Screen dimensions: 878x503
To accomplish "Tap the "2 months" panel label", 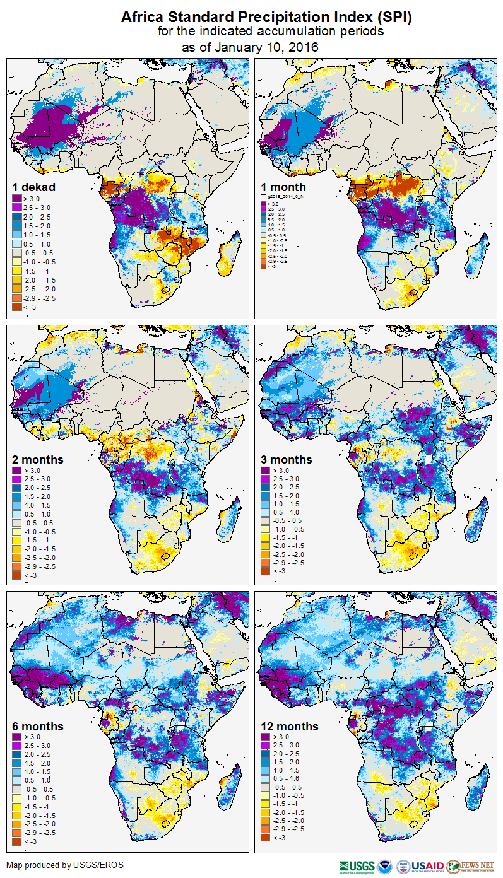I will click(38, 460).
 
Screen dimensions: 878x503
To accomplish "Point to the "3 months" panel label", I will click(287, 460).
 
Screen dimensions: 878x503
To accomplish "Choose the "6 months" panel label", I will click(38, 727).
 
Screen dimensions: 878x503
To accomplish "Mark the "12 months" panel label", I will click(290, 727).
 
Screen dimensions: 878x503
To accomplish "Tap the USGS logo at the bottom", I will click(357, 866).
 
